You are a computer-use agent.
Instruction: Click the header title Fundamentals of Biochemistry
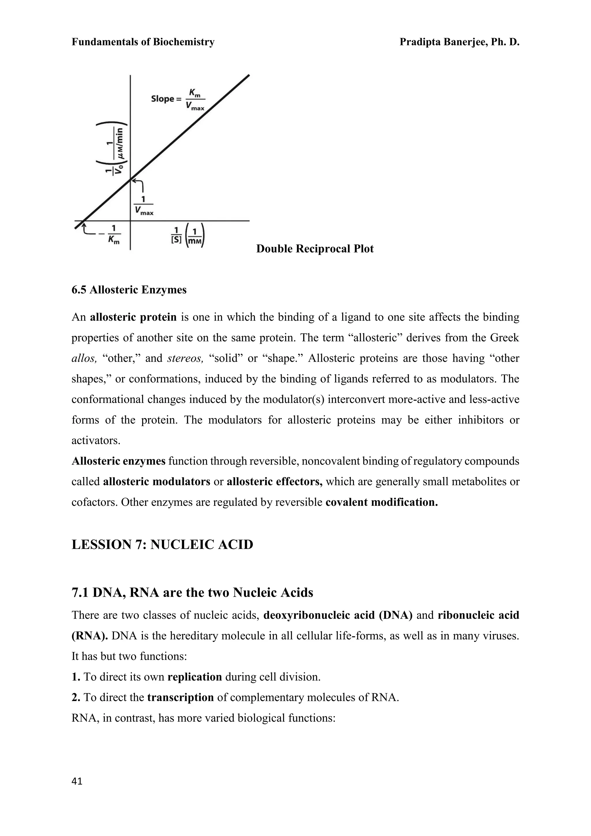(143, 42)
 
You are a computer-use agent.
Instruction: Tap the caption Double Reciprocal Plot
(315, 249)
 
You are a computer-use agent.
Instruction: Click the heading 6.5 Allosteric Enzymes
(129, 290)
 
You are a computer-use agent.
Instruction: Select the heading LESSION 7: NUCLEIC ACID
(162, 545)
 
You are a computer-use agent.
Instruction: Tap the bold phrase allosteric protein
(133, 318)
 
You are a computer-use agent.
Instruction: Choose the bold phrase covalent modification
(381, 503)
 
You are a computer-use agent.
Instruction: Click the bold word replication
(195, 677)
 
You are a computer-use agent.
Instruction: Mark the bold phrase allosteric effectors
(274, 482)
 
